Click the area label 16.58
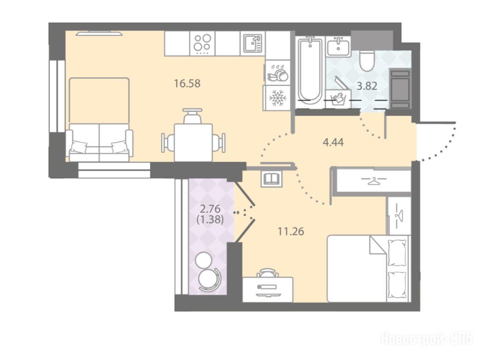187,83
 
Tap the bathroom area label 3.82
367,86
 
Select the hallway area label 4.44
333,142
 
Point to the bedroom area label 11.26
291,232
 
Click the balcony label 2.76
210,209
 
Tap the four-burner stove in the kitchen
202,43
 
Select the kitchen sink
253,43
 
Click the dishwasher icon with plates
277,73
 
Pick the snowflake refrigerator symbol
277,98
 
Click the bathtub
310,72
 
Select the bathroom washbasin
338,46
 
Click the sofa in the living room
99,142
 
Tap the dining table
193,142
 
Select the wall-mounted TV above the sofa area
99,33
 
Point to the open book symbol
271,178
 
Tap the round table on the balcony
203,260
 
